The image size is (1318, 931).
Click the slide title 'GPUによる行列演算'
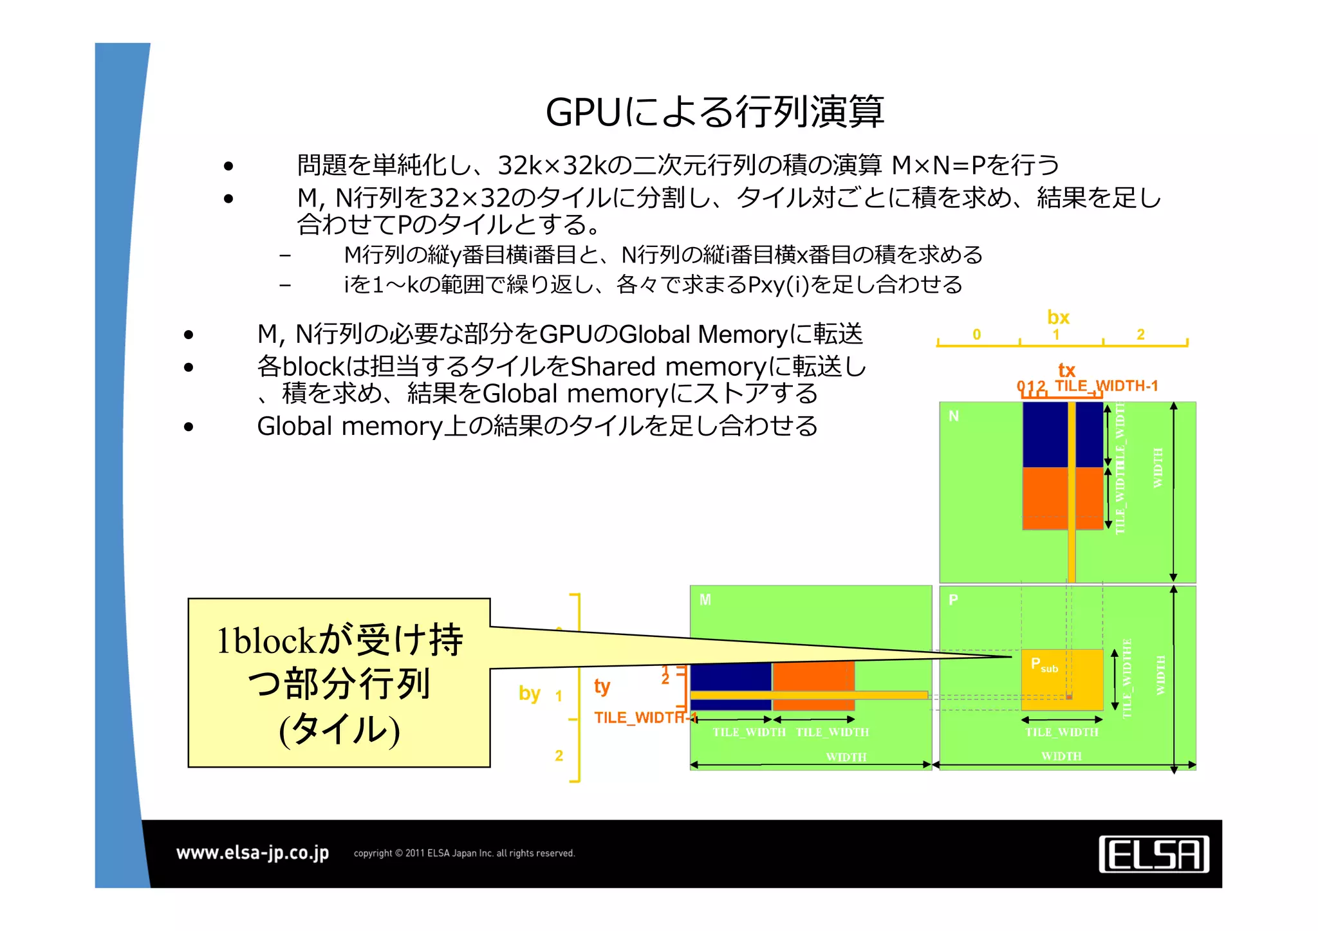point(714,112)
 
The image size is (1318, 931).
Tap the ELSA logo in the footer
point(1153,854)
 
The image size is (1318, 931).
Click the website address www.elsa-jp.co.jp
point(252,853)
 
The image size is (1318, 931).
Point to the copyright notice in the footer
point(464,853)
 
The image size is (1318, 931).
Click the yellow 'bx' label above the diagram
point(1058,317)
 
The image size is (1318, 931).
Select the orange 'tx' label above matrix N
point(1066,370)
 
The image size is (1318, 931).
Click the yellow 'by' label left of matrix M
point(529,693)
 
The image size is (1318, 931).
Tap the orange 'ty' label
point(602,686)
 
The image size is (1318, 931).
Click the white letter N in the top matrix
point(954,416)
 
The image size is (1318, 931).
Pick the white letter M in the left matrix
point(705,600)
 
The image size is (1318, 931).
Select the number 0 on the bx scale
point(976,335)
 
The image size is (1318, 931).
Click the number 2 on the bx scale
point(1140,335)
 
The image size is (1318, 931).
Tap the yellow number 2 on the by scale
point(559,755)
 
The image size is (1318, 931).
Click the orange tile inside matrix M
point(813,676)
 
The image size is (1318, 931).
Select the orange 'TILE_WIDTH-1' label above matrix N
point(1106,385)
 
